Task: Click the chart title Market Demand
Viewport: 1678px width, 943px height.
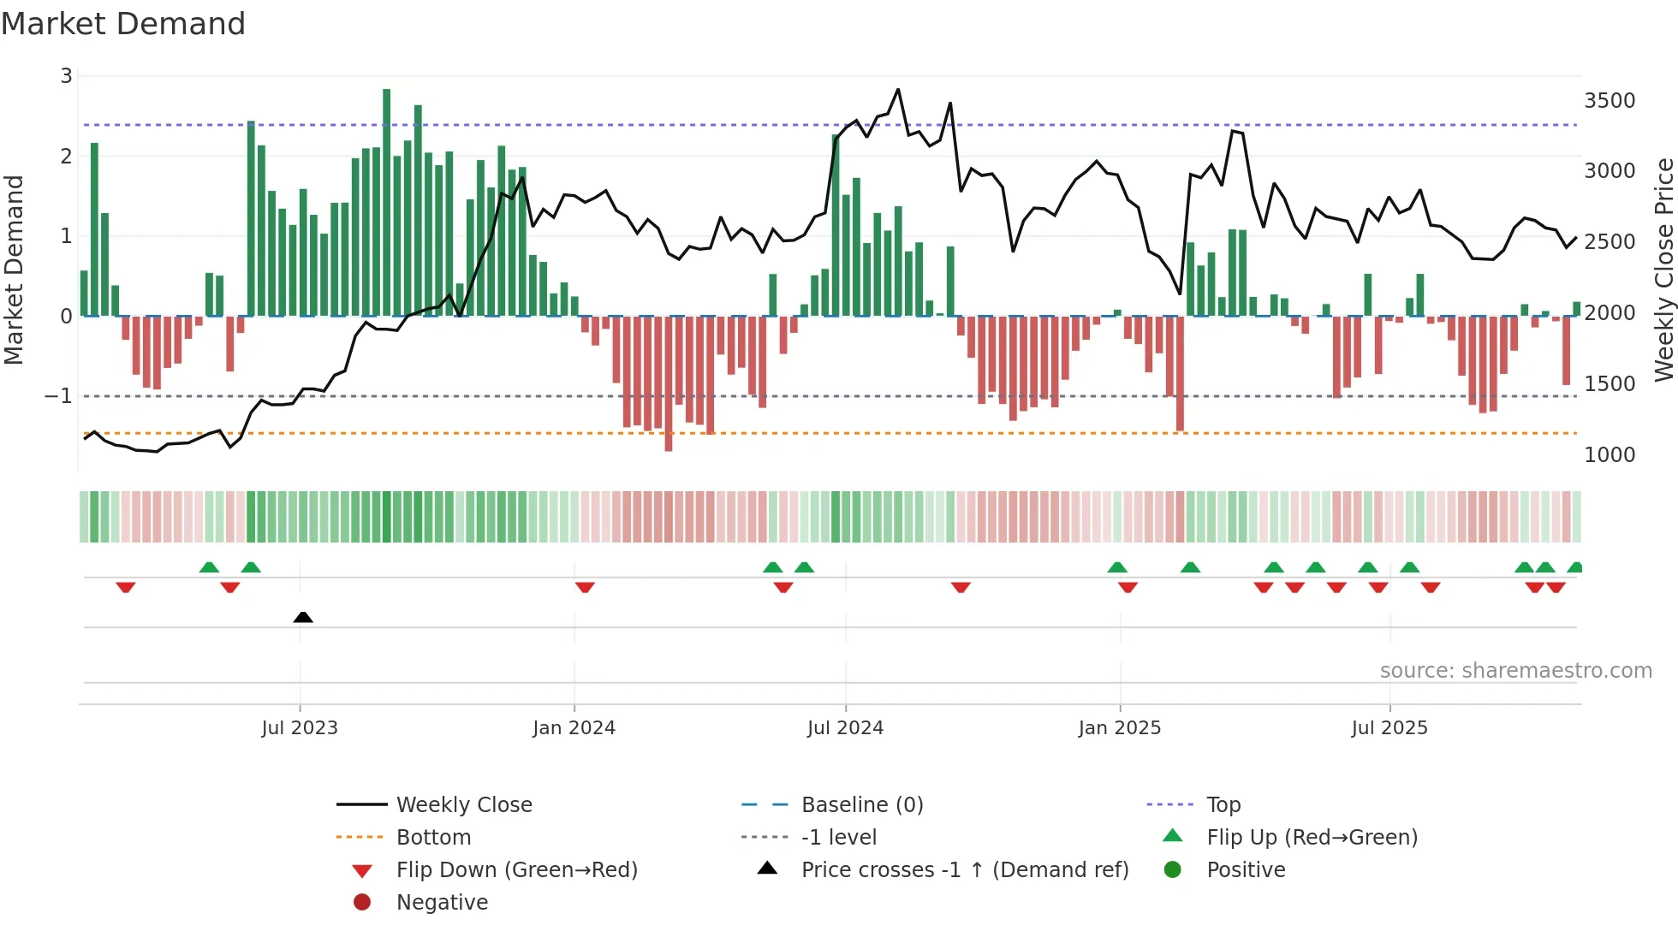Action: coord(123,24)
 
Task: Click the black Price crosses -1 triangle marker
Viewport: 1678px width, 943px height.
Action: coord(303,617)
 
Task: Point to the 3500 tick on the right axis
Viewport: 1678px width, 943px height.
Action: coord(1609,101)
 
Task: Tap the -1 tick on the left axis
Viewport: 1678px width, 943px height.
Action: coord(58,396)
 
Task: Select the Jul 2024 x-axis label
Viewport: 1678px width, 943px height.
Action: coord(845,728)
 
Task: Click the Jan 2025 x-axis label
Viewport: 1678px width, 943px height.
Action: coord(1119,728)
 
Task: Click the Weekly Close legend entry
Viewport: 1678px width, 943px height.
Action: coord(463,805)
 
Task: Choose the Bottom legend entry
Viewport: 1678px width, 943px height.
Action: coord(433,838)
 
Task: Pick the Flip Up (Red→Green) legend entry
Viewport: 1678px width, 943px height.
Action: coord(1312,838)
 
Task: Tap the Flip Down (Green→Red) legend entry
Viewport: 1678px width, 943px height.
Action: coord(516,870)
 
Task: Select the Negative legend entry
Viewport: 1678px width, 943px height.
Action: coord(442,903)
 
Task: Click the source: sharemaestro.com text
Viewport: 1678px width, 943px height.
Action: coord(1515,671)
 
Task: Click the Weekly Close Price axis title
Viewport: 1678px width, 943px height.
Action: coord(1663,270)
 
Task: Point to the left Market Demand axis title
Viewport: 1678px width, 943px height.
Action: coord(14,270)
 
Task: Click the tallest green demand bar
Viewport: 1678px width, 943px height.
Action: coord(387,202)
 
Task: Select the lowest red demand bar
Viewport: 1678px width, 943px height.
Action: coord(669,383)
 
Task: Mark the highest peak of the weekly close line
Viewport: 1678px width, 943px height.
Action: coord(898,90)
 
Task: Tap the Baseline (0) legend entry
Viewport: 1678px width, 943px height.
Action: coord(861,805)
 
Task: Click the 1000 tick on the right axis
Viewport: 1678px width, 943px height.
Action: coord(1609,455)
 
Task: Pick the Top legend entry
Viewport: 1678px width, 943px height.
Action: coord(1223,805)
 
